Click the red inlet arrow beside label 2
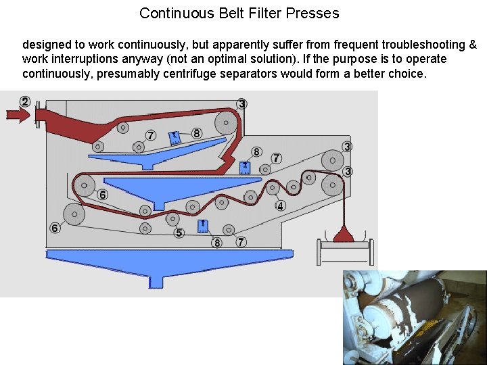pyautogui.click(x=17, y=116)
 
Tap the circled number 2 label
pyautogui.click(x=25, y=101)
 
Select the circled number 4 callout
pyautogui.click(x=280, y=205)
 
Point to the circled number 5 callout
pyautogui.click(x=179, y=233)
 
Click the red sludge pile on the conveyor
pyautogui.click(x=344, y=235)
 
